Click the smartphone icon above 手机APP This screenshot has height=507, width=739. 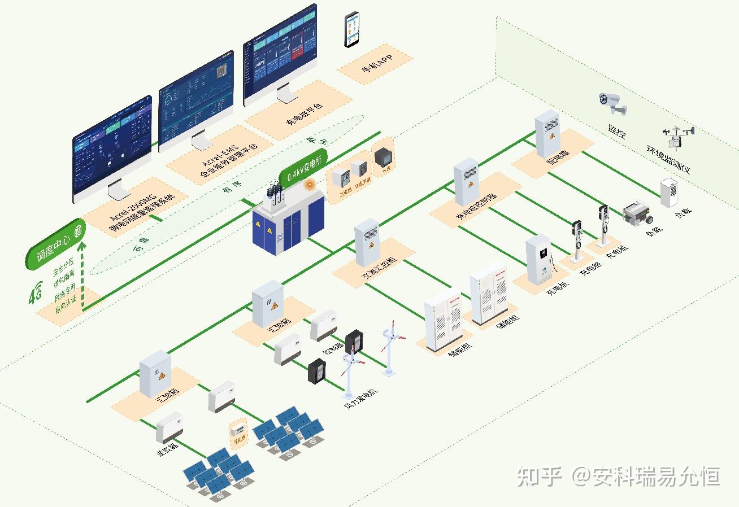(353, 29)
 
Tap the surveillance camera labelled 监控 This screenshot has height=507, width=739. (612, 103)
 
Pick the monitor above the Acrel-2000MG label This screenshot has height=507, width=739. (112, 150)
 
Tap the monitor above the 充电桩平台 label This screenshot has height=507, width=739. (280, 55)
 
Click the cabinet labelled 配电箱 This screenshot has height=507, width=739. (547, 134)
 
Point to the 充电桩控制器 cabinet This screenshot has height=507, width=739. (466, 182)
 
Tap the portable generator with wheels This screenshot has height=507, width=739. (637, 213)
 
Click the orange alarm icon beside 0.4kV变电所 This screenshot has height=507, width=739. (308, 184)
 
